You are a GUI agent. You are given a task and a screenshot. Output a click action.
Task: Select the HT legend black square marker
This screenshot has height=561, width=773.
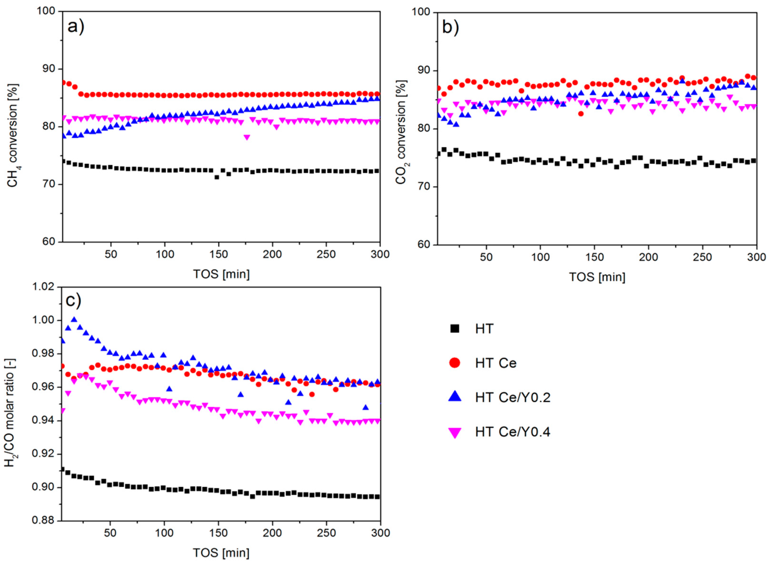(x=455, y=329)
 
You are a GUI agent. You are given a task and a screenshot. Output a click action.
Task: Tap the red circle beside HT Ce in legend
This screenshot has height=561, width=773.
(x=455, y=363)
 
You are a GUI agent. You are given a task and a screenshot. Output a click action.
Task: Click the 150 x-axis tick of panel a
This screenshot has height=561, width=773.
(x=218, y=254)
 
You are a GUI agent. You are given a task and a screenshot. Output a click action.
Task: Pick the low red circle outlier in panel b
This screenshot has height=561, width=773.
(x=581, y=114)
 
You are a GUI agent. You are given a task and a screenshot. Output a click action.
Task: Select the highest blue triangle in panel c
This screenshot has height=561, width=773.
(x=74, y=319)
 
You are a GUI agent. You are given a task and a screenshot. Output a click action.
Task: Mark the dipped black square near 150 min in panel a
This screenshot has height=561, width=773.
(x=216, y=177)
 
